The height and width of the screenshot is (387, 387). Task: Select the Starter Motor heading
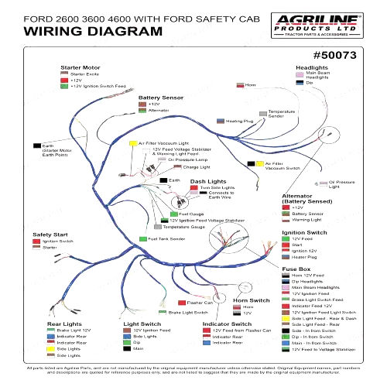[x=80, y=67]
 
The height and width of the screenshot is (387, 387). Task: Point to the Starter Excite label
[x=84, y=74]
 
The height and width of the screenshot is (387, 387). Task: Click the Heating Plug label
[x=239, y=122]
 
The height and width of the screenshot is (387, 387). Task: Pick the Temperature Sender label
[x=282, y=114]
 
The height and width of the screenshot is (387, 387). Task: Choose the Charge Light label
[x=196, y=167]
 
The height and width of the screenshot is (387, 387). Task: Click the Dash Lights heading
[x=207, y=181]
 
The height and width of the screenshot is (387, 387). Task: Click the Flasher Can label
[x=200, y=302]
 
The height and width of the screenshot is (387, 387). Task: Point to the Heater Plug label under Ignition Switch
[x=304, y=257]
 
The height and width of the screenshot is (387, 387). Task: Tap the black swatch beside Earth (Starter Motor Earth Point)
[x=36, y=146]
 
